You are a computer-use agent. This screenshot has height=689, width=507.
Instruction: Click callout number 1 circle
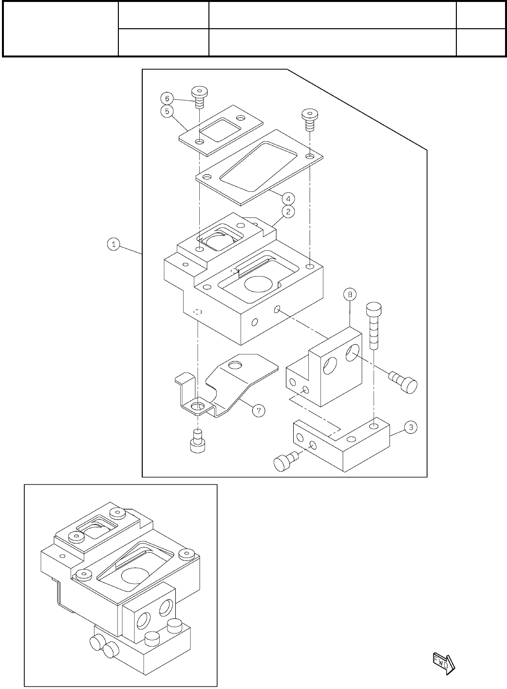tap(113, 244)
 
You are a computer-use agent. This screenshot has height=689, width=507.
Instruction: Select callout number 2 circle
tap(288, 212)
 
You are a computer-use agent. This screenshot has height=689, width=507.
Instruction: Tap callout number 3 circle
tap(411, 428)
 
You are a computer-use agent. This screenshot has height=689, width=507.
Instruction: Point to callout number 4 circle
tap(288, 199)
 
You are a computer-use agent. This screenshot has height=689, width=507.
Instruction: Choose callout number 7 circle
tap(259, 411)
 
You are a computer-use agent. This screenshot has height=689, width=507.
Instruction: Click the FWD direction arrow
tap(444, 661)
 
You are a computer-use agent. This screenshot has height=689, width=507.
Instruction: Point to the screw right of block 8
tap(404, 382)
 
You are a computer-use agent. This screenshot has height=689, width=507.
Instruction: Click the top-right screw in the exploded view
tap(309, 119)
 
